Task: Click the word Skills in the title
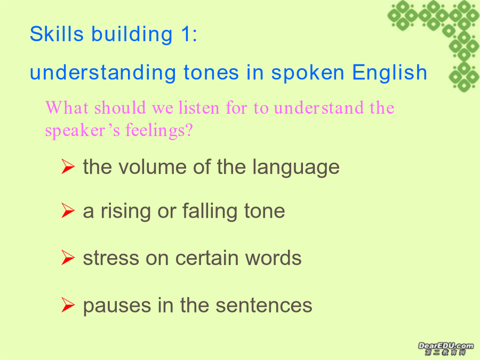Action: click(57, 34)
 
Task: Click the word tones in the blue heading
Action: click(211, 73)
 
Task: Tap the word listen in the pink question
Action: click(199, 108)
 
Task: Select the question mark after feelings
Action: click(189, 130)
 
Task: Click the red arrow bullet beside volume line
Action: click(68, 166)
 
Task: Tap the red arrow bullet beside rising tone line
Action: click(68, 211)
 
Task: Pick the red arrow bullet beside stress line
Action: click(68, 258)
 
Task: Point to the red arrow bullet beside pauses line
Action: click(68, 305)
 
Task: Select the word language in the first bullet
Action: click(296, 168)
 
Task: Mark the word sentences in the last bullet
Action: click(264, 306)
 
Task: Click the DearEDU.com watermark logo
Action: click(445, 348)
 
